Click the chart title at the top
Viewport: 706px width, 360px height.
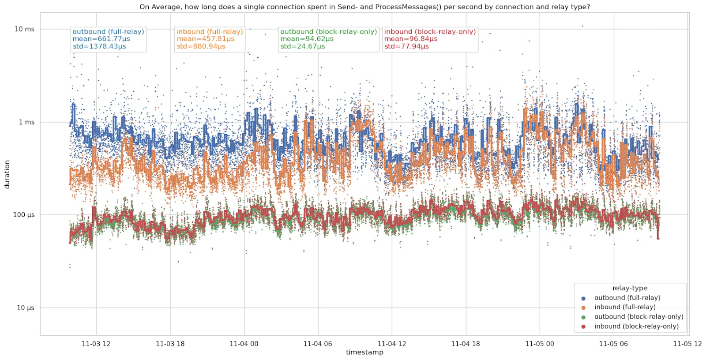point(364,7)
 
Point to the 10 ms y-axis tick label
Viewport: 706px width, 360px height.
point(24,29)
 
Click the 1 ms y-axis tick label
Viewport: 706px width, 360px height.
point(26,122)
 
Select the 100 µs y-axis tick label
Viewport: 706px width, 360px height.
point(24,215)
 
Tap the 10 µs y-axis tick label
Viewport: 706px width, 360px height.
point(25,308)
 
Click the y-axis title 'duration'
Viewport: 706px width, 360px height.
point(7,175)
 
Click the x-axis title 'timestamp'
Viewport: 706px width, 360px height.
point(364,352)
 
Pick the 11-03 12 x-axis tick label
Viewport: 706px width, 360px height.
point(96,344)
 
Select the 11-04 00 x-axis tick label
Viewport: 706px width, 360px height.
point(244,344)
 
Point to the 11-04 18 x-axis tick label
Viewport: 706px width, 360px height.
point(466,344)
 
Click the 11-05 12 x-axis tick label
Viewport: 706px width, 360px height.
point(687,344)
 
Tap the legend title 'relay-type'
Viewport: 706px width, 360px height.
point(630,288)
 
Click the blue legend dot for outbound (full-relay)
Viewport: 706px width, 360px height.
point(583,298)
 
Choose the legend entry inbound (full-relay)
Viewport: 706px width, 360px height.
point(625,307)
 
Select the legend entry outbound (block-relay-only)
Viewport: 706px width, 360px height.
point(638,317)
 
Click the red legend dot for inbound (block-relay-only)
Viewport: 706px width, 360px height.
point(583,327)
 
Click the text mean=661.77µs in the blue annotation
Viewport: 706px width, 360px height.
point(101,39)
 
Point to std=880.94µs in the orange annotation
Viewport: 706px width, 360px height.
point(201,46)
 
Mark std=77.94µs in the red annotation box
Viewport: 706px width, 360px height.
point(406,46)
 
